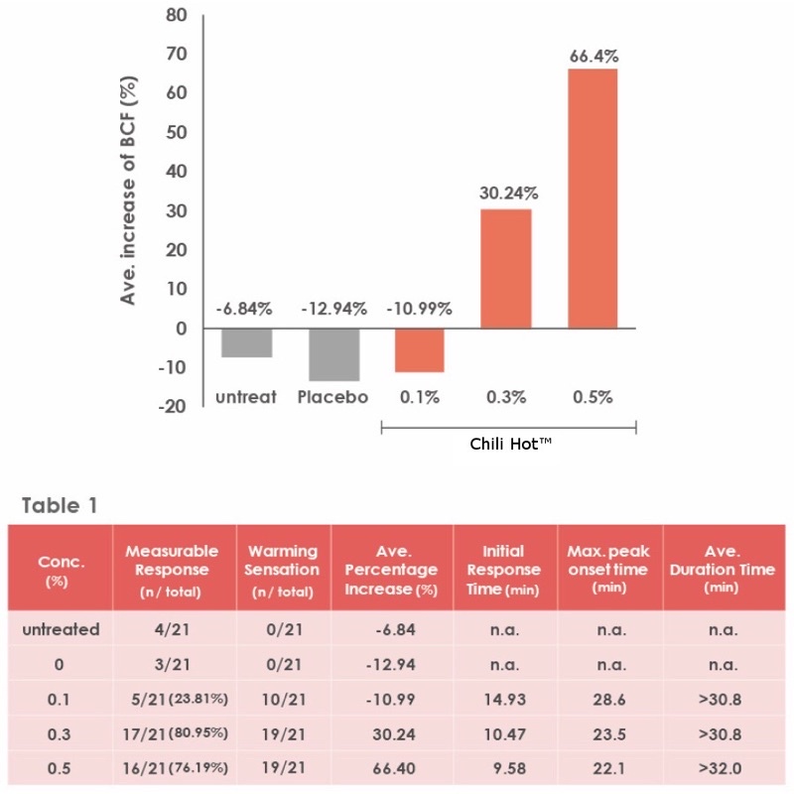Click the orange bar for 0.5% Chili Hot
tap(593, 198)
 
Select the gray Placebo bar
tap(334, 354)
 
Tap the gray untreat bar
tap(246, 342)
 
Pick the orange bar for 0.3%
tap(506, 269)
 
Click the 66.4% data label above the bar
tap(594, 57)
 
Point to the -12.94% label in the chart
tap(334, 309)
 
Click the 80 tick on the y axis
tap(177, 15)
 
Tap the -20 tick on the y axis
tap(172, 406)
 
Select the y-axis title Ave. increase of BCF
tap(128, 191)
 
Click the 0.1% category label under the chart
tap(420, 397)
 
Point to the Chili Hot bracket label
tap(510, 444)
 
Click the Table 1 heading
tap(60, 505)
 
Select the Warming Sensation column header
tap(283, 570)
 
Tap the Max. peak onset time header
tap(608, 569)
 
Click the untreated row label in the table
tap(61, 629)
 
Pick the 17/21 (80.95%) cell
tap(176, 733)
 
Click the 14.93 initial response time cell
tap(505, 700)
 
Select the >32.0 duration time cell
tap(721, 768)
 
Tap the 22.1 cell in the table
tap(609, 768)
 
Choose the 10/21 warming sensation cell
tap(284, 700)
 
